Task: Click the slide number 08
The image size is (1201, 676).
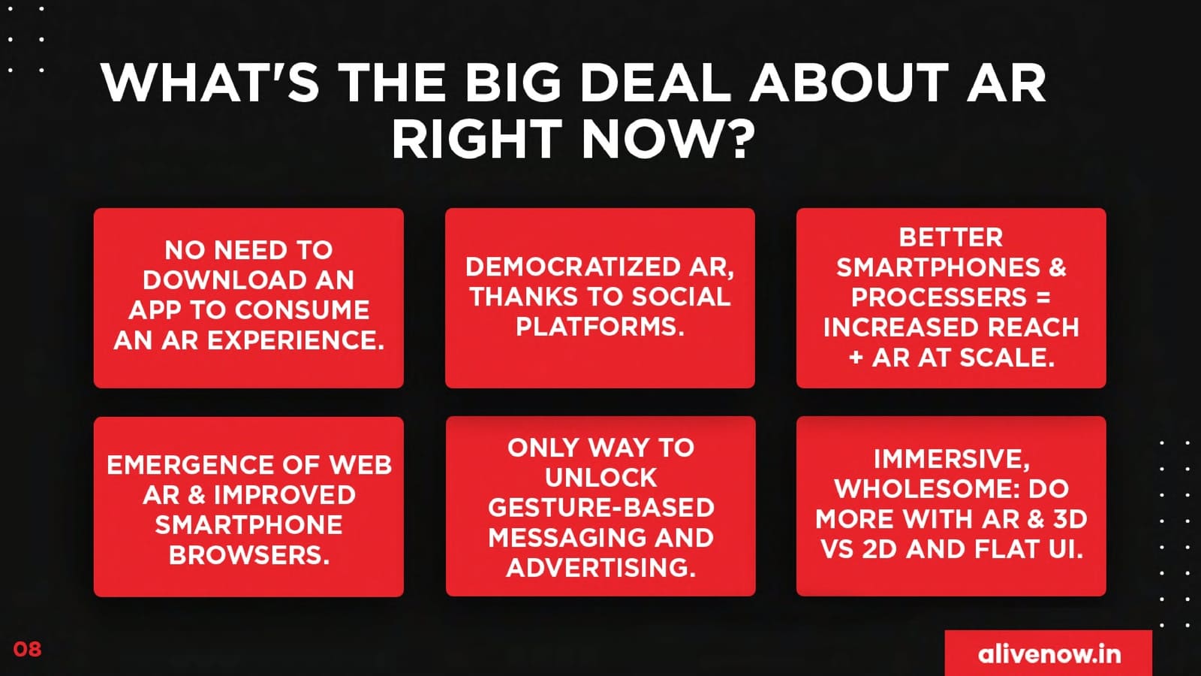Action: pyautogui.click(x=27, y=649)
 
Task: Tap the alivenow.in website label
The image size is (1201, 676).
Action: pyautogui.click(x=1049, y=654)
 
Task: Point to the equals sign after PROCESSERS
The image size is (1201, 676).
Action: pyautogui.click(x=1043, y=297)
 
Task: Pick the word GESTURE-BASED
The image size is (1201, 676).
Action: pyautogui.click(x=600, y=508)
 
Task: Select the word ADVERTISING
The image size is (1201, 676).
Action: pyautogui.click(x=600, y=568)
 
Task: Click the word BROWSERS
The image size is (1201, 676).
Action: pyautogui.click(x=248, y=555)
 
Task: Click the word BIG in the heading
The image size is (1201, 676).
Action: pyautogui.click(x=513, y=83)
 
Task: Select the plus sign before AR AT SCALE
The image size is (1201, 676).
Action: pyautogui.click(x=856, y=358)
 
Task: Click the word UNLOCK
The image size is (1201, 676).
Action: pyautogui.click(x=600, y=478)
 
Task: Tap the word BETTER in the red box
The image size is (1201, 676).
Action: pyautogui.click(x=950, y=237)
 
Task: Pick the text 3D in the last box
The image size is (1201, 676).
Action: pyautogui.click(x=1070, y=519)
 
